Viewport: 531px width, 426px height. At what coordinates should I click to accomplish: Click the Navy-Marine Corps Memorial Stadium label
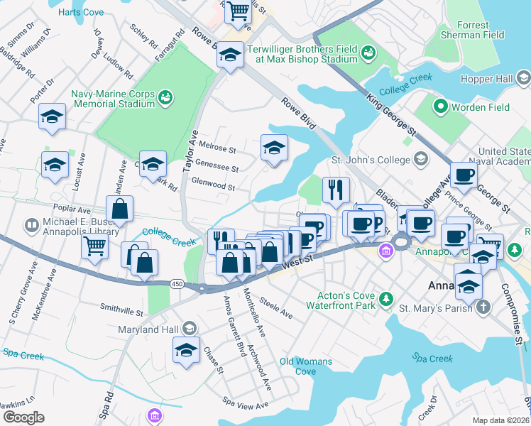click(x=112, y=99)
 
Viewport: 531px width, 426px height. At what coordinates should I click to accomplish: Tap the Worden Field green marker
click(x=440, y=107)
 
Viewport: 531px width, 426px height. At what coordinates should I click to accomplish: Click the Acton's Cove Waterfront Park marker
click(x=385, y=300)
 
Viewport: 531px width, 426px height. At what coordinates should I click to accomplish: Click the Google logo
click(x=23, y=417)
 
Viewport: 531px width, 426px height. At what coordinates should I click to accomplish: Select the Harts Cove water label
click(x=80, y=13)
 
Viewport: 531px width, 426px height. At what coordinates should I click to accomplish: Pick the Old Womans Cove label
click(x=305, y=366)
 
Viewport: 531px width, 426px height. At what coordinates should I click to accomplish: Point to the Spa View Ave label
click(x=246, y=405)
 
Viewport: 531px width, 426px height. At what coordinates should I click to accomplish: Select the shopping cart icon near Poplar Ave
click(x=94, y=246)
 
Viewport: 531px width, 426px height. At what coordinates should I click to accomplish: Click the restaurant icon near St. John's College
click(x=336, y=189)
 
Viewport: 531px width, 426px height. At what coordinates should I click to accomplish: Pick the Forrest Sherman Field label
click(x=483, y=30)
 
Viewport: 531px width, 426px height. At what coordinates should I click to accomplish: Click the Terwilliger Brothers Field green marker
click(x=368, y=52)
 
